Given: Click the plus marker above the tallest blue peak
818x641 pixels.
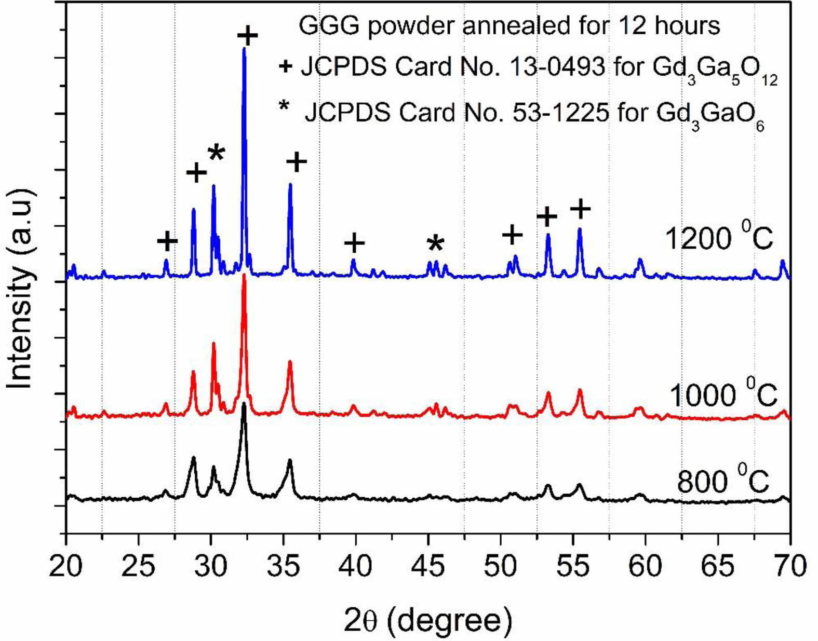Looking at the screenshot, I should pos(248,36).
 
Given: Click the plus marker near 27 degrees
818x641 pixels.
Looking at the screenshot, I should pos(167,241).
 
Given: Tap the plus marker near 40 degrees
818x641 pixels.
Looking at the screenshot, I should pos(355,243).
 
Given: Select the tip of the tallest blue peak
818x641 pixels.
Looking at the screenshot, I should pos(244,48).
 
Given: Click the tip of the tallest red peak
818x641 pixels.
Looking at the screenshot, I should pos(244,275).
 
